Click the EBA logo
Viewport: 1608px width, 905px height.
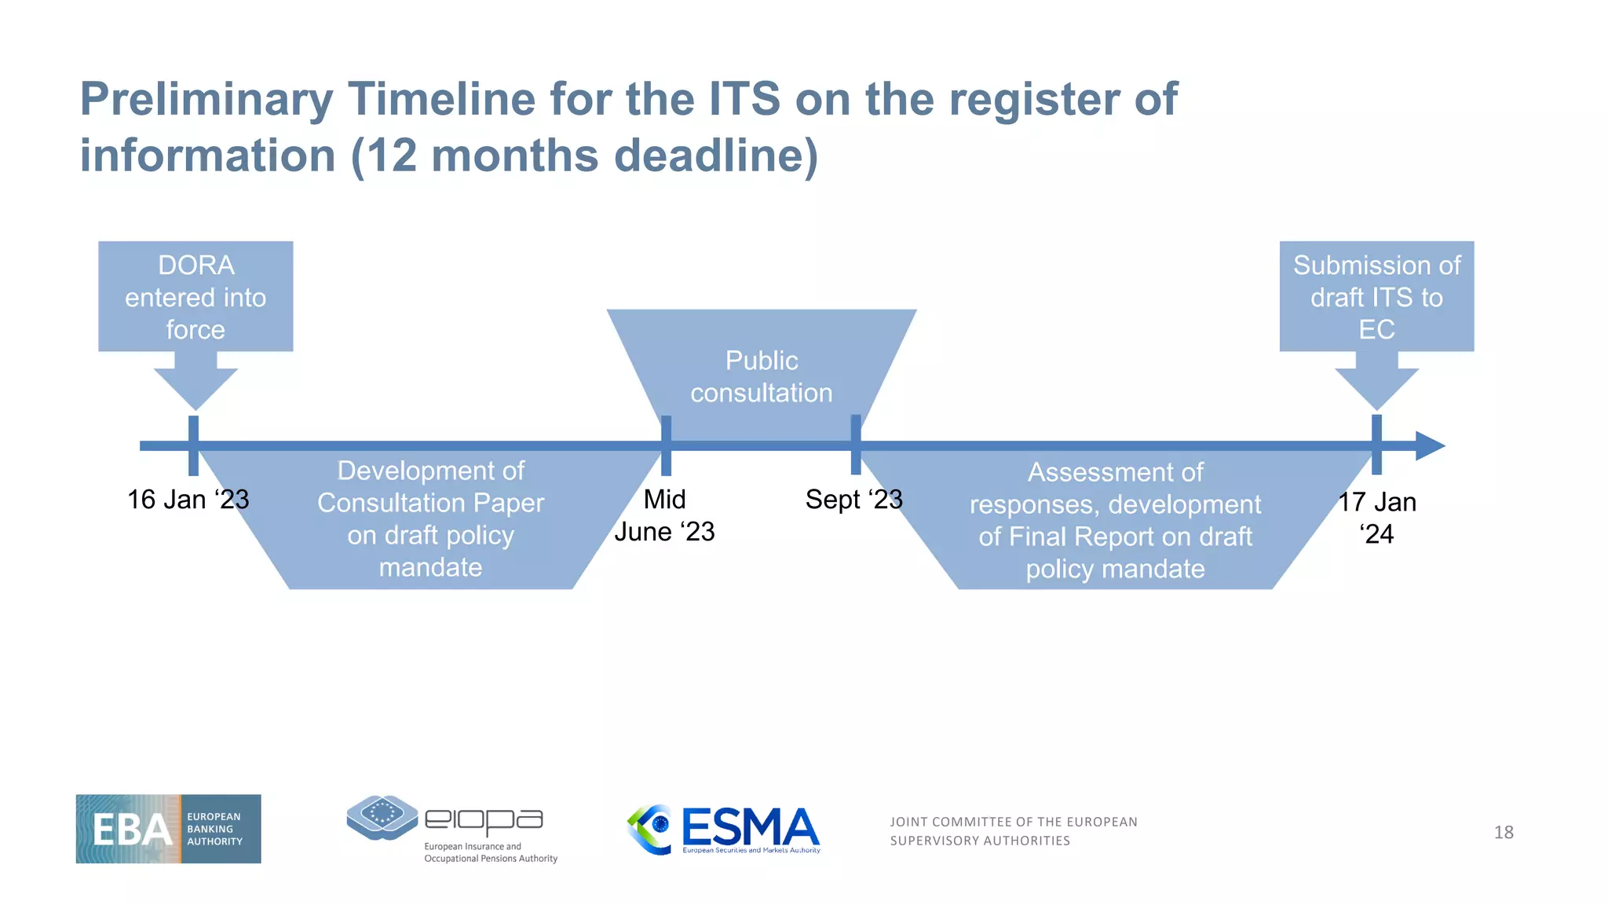pos(168,829)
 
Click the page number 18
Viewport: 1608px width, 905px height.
pos(1503,832)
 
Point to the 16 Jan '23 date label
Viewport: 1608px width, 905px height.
pos(188,500)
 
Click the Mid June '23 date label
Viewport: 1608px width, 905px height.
pos(664,515)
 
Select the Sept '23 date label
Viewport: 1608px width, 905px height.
pos(853,500)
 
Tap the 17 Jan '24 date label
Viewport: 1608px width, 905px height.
pos(1376,518)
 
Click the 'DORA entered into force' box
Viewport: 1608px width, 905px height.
pos(196,297)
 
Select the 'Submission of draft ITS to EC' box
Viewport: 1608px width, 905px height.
pos(1376,297)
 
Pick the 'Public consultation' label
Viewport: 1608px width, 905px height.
pos(761,376)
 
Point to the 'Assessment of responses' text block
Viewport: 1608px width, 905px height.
pos(1115,520)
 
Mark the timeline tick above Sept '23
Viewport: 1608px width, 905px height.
pos(856,445)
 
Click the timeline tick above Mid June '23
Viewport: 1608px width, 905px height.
pos(666,445)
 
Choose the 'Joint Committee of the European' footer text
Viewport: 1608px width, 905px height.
pos(1013,822)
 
